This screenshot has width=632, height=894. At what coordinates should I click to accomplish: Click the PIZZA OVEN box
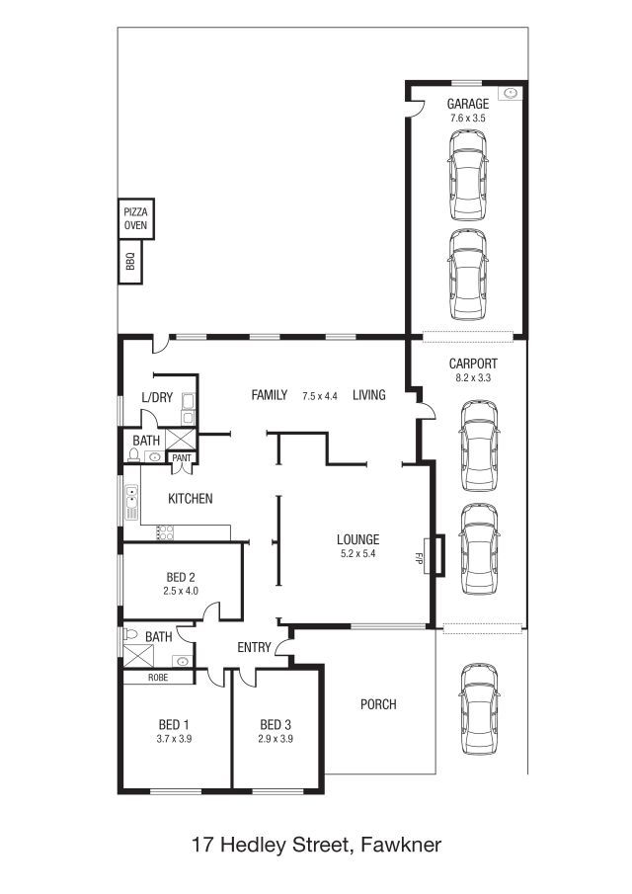pyautogui.click(x=135, y=218)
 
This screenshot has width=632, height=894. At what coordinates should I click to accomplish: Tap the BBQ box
pyautogui.click(x=130, y=262)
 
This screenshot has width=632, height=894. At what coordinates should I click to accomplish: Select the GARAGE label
pyautogui.click(x=468, y=104)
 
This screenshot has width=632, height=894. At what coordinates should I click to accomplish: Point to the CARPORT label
pyautogui.click(x=473, y=364)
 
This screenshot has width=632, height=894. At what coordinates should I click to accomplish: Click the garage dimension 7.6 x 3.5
pyautogui.click(x=468, y=118)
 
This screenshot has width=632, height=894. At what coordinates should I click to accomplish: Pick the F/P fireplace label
pyautogui.click(x=419, y=558)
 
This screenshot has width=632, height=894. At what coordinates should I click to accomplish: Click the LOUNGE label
pyautogui.click(x=357, y=539)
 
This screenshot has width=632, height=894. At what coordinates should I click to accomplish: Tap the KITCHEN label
pyautogui.click(x=191, y=498)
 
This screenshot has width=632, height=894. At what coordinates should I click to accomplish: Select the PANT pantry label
pyautogui.click(x=182, y=457)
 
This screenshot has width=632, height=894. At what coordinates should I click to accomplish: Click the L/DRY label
pyautogui.click(x=157, y=397)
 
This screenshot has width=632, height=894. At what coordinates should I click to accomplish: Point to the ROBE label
pyautogui.click(x=158, y=678)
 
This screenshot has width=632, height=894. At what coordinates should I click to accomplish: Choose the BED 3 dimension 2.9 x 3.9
pyautogui.click(x=276, y=738)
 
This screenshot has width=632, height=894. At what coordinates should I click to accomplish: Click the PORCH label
pyautogui.click(x=378, y=704)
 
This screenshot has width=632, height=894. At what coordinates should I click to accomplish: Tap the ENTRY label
pyautogui.click(x=254, y=647)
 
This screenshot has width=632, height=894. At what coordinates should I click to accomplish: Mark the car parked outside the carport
pyautogui.click(x=479, y=708)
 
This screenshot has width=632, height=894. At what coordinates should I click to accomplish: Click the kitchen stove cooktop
pyautogui.click(x=165, y=532)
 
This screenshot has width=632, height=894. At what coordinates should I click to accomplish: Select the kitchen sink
pyautogui.click(x=131, y=502)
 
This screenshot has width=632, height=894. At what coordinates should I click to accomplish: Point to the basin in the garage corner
pyautogui.click(x=511, y=93)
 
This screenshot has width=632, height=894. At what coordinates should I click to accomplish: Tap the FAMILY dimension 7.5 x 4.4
pyautogui.click(x=320, y=396)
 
